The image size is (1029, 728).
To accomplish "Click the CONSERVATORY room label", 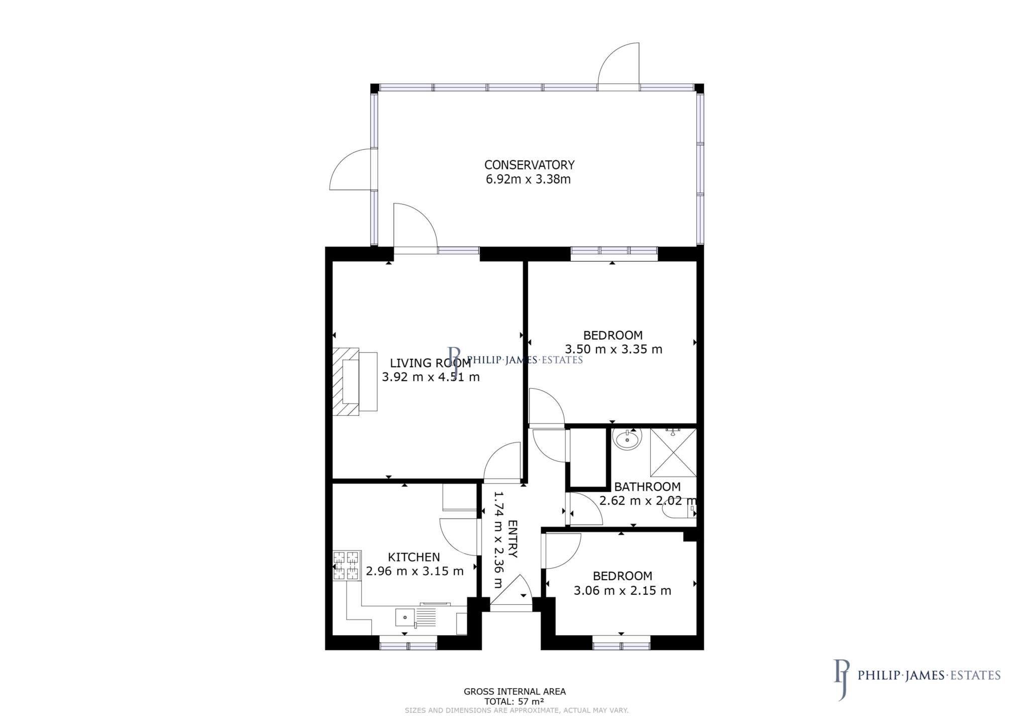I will click(x=529, y=165).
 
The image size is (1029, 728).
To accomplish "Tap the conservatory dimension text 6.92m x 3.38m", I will click(x=528, y=179).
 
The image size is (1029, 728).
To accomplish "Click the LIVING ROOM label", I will click(x=431, y=363).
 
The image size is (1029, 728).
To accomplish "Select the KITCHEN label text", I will click(x=414, y=557).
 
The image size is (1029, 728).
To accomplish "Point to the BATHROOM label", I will click(x=647, y=487).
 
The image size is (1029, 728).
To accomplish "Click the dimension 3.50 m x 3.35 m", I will click(x=613, y=349).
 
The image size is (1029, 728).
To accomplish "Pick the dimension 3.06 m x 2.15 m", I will click(x=622, y=590).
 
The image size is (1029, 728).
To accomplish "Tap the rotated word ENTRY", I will click(x=513, y=539).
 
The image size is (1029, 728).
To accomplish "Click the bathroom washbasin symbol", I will click(x=627, y=440).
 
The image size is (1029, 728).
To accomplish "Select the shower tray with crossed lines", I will click(x=673, y=452).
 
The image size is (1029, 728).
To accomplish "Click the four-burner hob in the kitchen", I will click(x=347, y=566).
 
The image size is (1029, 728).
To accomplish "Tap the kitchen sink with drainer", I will click(x=416, y=617).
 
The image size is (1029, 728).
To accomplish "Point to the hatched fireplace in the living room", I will click(x=346, y=381).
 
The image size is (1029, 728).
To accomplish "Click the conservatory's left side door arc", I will click(x=350, y=169).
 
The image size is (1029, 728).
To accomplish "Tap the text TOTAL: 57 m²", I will click(x=514, y=701).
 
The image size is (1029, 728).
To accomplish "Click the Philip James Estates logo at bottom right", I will click(x=917, y=675).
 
